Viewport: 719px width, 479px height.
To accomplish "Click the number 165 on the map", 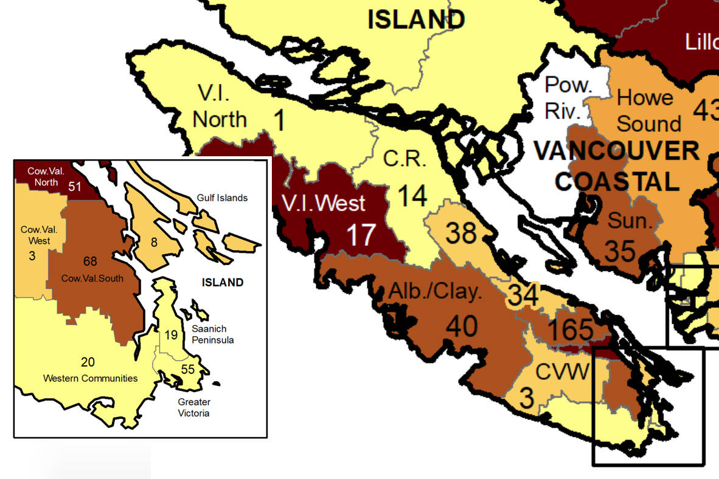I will [571, 329].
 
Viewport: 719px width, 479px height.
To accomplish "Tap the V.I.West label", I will [323, 203].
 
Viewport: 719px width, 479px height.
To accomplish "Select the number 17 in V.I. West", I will [360, 235].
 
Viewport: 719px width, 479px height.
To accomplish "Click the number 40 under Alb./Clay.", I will [461, 326].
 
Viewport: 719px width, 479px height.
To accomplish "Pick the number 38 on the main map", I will [461, 233].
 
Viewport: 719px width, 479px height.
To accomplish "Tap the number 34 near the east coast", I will [523, 296].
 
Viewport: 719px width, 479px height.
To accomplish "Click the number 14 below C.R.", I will [412, 196].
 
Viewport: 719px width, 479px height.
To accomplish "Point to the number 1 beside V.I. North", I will [278, 120].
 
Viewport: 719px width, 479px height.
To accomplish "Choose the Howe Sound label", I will [648, 111].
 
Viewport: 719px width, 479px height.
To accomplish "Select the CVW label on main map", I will [562, 371].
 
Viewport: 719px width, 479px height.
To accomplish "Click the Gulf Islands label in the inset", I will [222, 198].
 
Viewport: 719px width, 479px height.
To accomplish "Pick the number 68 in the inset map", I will [90, 262].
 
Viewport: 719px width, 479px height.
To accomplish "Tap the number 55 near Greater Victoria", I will [187, 369].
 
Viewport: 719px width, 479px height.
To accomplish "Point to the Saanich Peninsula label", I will [213, 334].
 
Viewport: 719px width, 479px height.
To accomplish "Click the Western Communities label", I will [90, 378].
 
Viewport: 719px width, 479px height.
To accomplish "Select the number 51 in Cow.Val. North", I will [74, 187].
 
